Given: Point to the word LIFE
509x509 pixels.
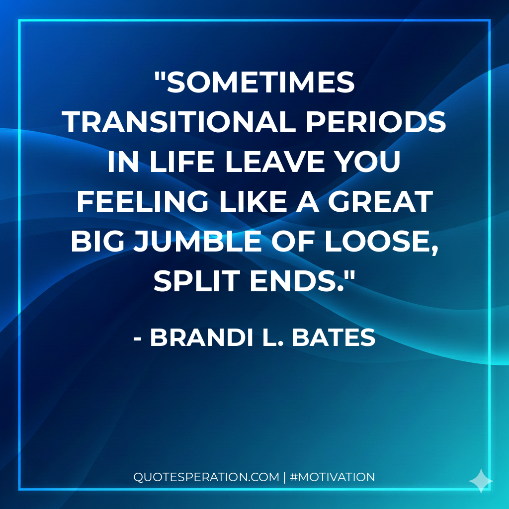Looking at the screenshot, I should point(171,163).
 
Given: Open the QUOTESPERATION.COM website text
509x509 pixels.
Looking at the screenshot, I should point(206,477).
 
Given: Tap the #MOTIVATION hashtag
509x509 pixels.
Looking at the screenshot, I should point(332,477).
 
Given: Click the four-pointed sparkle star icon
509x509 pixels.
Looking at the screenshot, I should point(481,481).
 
